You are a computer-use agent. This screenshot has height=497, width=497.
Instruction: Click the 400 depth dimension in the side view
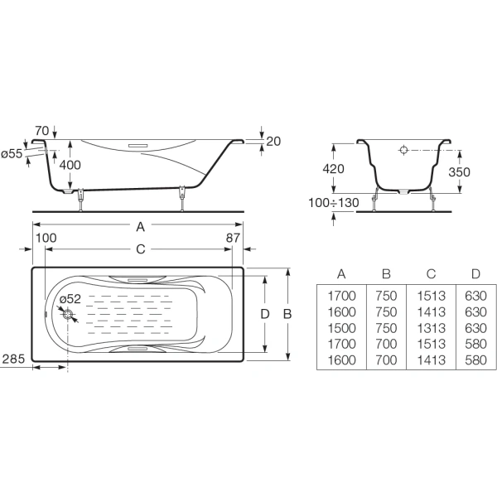tap(70, 165)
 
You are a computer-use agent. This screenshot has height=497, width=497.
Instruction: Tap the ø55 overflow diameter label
tap(12, 154)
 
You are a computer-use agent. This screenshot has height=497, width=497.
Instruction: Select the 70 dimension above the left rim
tap(42, 131)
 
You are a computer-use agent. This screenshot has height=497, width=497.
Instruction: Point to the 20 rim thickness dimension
tap(273, 142)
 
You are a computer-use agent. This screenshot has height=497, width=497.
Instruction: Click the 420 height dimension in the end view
tap(333, 169)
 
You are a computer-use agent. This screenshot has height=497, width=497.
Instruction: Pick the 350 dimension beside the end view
tap(459, 172)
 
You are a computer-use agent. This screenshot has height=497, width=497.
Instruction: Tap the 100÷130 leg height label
tap(334, 203)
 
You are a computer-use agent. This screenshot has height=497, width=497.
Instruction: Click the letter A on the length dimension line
tap(141, 227)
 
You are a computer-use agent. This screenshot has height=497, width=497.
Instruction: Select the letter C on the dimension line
tap(141, 249)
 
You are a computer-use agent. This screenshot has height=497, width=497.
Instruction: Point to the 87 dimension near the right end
tap(233, 238)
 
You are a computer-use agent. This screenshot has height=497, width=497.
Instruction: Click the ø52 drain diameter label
tap(70, 299)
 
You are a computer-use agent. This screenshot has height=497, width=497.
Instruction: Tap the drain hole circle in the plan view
tap(68, 315)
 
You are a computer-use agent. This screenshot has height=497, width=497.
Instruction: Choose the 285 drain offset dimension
tap(13, 359)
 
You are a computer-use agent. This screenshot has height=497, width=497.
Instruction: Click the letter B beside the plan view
tap(287, 314)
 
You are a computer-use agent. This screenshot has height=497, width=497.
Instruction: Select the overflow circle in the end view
tap(403, 150)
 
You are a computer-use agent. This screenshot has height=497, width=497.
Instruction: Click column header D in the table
tap(475, 274)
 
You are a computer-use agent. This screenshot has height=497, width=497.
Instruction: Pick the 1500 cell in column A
tap(341, 328)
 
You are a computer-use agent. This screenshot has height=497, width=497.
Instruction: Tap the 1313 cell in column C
tap(431, 328)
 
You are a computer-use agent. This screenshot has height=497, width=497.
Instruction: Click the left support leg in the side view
tap(81, 200)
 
